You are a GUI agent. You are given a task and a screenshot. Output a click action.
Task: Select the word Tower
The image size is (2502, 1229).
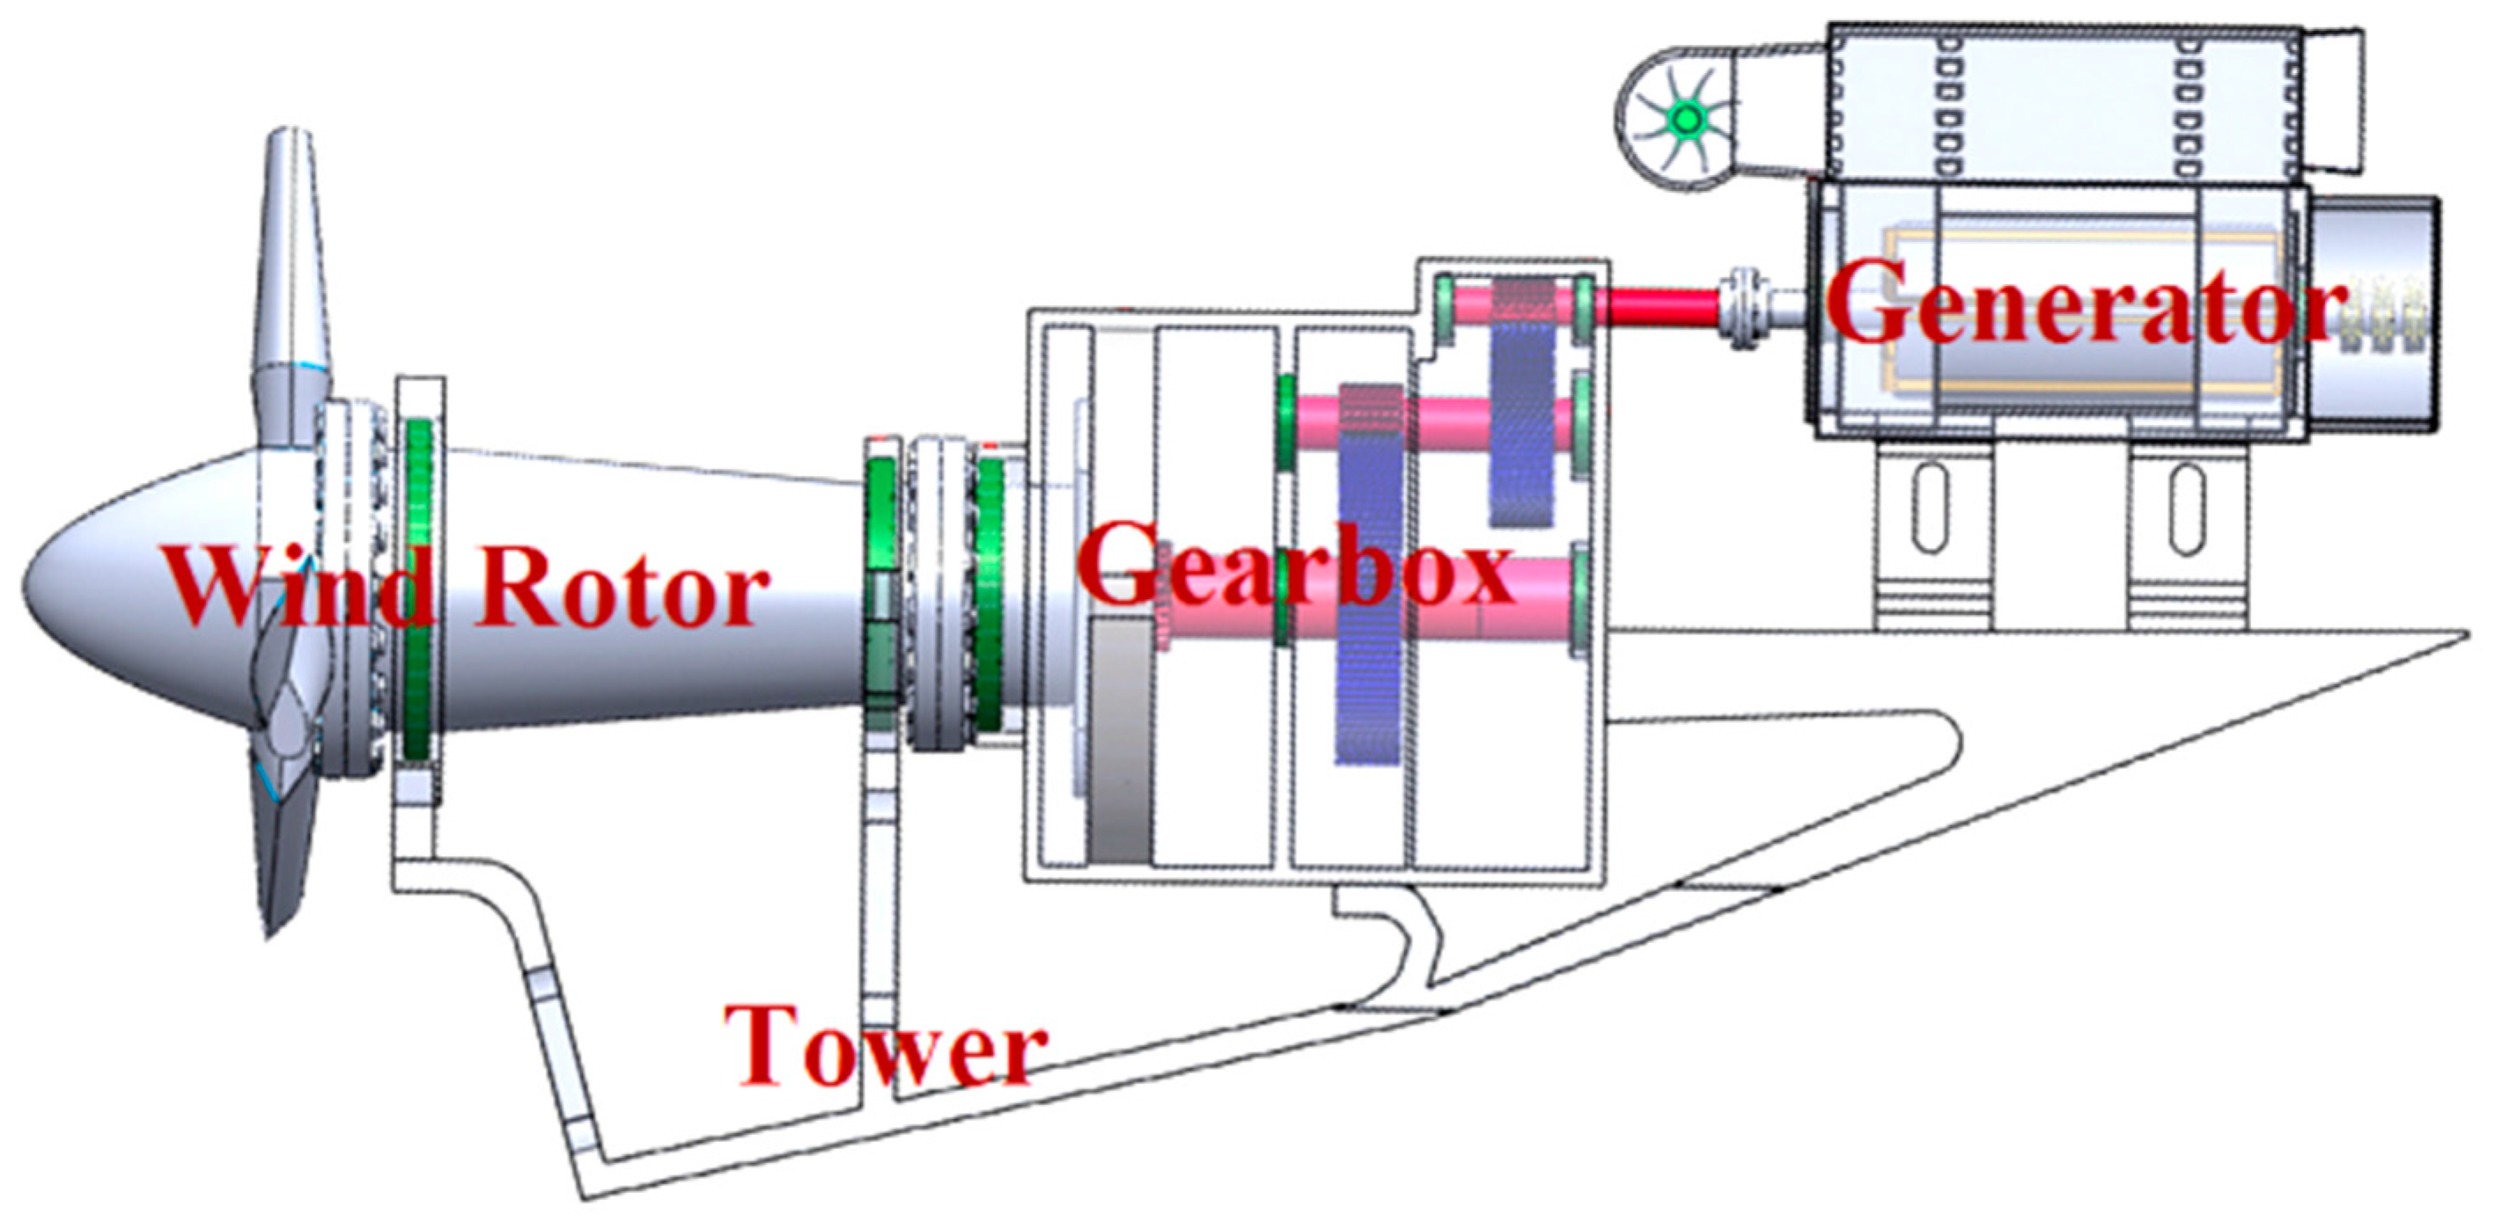click(884, 1049)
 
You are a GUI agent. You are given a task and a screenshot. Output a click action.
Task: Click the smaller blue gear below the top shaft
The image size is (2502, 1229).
click(1522, 437)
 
